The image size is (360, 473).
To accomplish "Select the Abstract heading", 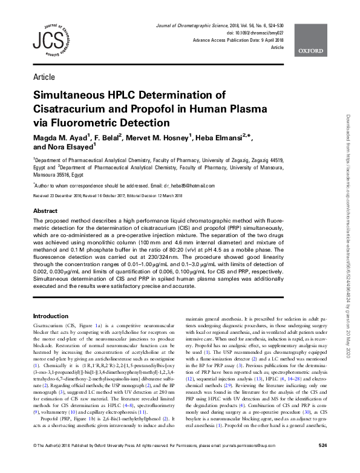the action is (45, 210).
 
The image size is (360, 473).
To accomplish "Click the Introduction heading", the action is (51, 316).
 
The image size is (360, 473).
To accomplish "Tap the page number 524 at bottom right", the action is (322, 463).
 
